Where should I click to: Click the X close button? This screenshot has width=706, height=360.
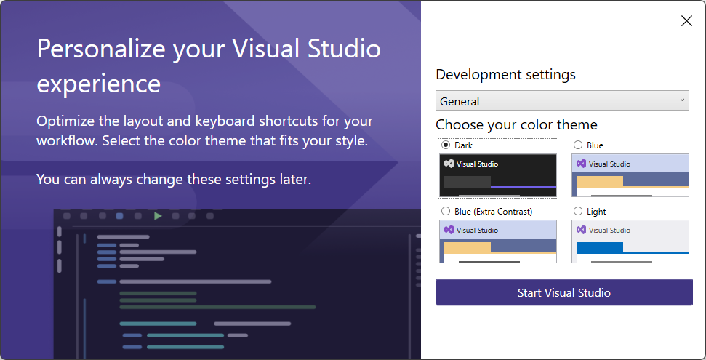pyautogui.click(x=686, y=20)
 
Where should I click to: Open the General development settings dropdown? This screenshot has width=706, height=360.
pyautogui.click(x=562, y=100)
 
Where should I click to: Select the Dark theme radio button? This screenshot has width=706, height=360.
pyautogui.click(x=446, y=145)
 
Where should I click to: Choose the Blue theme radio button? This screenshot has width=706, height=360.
pyautogui.click(x=578, y=145)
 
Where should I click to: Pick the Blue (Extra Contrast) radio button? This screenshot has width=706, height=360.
pyautogui.click(x=446, y=212)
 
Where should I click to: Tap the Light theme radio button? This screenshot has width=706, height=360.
pyautogui.click(x=578, y=212)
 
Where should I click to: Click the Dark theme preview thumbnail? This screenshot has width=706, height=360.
pyautogui.click(x=498, y=175)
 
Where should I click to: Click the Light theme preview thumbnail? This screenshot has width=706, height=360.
pyautogui.click(x=630, y=241)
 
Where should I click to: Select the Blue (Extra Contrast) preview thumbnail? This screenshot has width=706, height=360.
pyautogui.click(x=498, y=241)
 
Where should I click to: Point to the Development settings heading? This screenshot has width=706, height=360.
pyautogui.click(x=505, y=75)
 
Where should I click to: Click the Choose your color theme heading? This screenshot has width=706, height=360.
pyautogui.click(x=516, y=125)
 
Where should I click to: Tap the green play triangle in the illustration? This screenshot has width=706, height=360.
pyautogui.click(x=158, y=216)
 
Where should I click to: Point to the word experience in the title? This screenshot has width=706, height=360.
pyautogui.click(x=99, y=84)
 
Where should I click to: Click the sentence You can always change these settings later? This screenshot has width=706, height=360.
pyautogui.click(x=174, y=180)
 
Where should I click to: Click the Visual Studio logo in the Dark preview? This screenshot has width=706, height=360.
pyautogui.click(x=449, y=164)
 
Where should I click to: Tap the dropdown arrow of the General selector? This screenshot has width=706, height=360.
pyautogui.click(x=682, y=100)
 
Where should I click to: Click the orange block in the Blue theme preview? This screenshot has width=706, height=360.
pyautogui.click(x=600, y=181)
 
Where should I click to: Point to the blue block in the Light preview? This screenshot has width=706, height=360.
pyautogui.click(x=600, y=247)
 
